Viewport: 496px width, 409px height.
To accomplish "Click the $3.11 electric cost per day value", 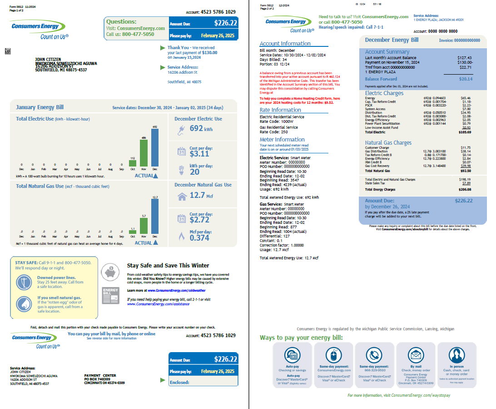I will click(199, 154).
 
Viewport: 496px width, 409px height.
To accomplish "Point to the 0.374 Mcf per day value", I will click(199, 237).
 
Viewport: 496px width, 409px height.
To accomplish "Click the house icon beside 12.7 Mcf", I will click(182, 196).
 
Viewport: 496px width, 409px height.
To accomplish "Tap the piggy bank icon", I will click(109, 272).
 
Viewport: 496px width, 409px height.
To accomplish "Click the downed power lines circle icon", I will click(24, 283).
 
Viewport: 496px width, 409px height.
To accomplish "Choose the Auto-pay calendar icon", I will click(292, 355).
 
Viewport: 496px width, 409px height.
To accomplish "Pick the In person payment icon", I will click(456, 355).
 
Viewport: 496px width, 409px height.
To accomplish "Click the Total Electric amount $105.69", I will click(465, 132).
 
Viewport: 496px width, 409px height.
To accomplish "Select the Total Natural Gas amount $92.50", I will click(465, 170).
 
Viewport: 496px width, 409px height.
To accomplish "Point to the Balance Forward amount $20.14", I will click(466, 79).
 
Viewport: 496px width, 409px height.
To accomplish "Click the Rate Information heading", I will click(280, 110).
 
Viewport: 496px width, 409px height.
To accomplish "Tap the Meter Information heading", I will click(282, 139).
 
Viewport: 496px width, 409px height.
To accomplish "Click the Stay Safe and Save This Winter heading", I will click(168, 265).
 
